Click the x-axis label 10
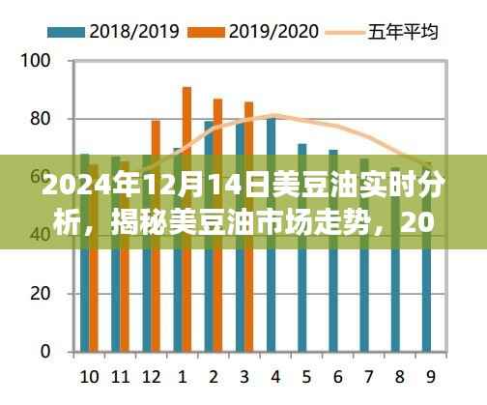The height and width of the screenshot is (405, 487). click(x=88, y=375)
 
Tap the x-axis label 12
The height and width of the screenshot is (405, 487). click(x=150, y=375)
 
